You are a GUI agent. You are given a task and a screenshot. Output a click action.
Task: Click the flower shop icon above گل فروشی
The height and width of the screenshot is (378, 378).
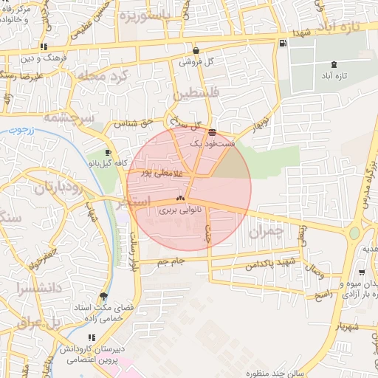pos(196,51)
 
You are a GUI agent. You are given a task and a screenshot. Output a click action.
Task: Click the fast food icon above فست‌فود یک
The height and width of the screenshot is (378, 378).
pos(213,133)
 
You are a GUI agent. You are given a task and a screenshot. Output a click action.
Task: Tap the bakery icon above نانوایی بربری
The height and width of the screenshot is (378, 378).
pos(180,199)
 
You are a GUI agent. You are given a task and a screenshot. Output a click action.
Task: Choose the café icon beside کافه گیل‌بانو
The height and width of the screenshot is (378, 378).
pos(109,152)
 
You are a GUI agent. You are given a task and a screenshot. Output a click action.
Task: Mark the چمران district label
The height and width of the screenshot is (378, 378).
pos(266,231)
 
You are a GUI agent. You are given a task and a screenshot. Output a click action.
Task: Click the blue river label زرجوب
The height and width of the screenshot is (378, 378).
pos(28,131)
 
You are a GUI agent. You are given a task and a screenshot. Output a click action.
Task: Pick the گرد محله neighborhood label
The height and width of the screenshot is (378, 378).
pos(117,76)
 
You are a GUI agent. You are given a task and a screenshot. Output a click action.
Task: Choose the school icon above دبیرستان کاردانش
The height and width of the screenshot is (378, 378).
pos(92,337)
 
